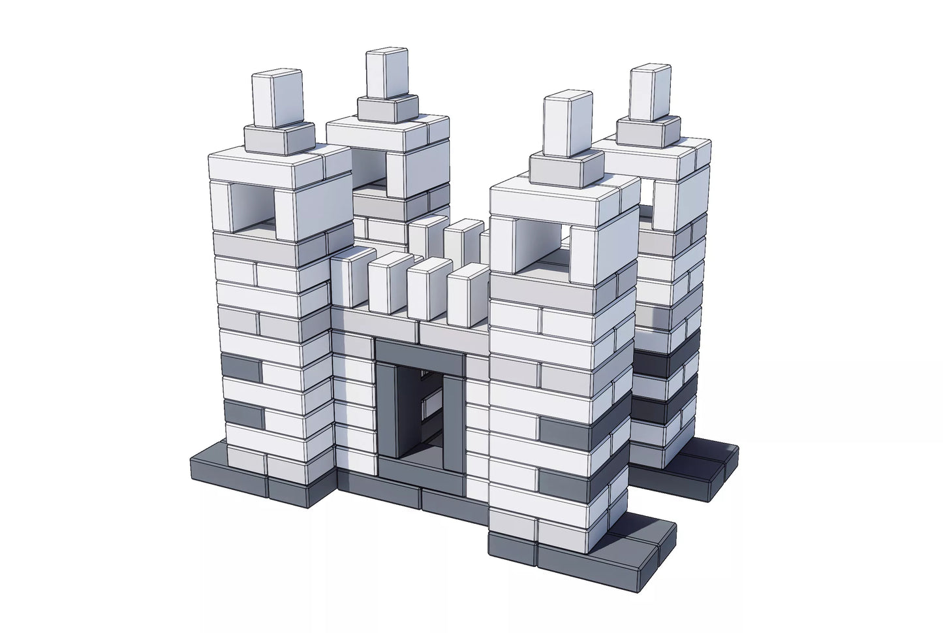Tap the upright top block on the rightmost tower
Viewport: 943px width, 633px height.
pos(650,93)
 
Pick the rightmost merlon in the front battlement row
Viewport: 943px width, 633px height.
pos(468,293)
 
